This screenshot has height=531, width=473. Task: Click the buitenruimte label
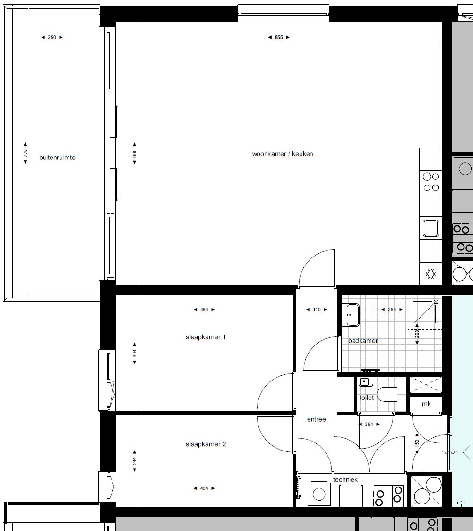click(57, 158)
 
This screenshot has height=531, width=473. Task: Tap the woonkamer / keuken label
click(283, 154)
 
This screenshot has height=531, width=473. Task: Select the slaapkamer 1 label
click(206, 337)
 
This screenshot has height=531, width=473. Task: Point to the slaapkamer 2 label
click(206, 444)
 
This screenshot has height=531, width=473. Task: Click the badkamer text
click(363, 341)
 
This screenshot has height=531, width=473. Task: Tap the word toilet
click(367, 398)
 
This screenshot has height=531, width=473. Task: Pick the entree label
click(317, 419)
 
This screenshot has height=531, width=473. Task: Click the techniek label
click(345, 479)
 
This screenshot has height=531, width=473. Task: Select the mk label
click(426, 404)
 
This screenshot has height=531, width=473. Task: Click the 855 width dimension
click(279, 37)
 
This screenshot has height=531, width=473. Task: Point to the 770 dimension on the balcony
click(26, 153)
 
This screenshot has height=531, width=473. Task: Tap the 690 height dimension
click(135, 153)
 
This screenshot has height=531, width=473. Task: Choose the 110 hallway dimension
click(317, 310)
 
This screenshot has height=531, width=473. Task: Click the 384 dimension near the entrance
click(369, 424)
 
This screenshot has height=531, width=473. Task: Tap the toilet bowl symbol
click(387, 395)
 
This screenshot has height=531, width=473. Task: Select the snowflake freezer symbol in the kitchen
click(430, 274)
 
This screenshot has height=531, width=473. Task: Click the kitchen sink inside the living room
click(431, 228)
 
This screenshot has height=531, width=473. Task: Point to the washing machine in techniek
click(319, 494)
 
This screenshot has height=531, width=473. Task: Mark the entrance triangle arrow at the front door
click(466, 452)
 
